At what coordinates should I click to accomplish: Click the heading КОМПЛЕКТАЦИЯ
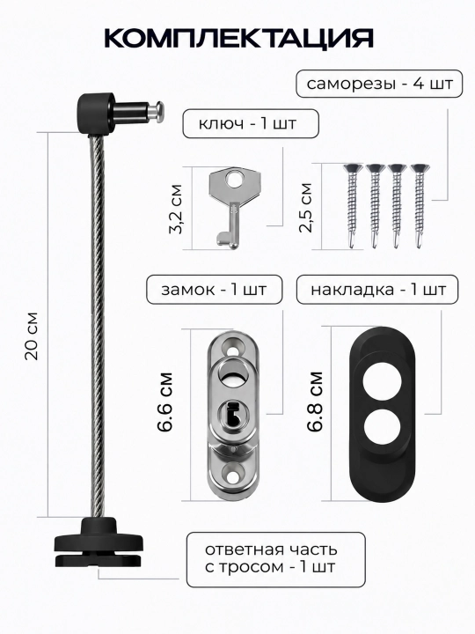click(x=238, y=39)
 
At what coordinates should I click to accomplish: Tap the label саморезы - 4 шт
click(x=379, y=85)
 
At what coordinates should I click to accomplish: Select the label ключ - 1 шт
click(x=247, y=123)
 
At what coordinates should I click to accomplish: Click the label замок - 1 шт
click(x=214, y=290)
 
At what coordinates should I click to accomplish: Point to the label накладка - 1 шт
click(x=378, y=290)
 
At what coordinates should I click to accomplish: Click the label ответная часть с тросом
click(x=271, y=558)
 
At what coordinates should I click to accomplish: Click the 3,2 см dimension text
click(x=176, y=209)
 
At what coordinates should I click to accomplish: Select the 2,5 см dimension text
click(x=306, y=208)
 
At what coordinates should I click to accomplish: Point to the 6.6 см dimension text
click(x=165, y=402)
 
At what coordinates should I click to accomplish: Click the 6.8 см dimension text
click(x=315, y=402)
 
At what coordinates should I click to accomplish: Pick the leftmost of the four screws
click(x=352, y=205)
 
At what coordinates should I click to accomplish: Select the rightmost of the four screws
click(x=420, y=205)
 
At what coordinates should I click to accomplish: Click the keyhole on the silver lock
click(x=233, y=416)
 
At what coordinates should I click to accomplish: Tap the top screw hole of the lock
click(x=232, y=347)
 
